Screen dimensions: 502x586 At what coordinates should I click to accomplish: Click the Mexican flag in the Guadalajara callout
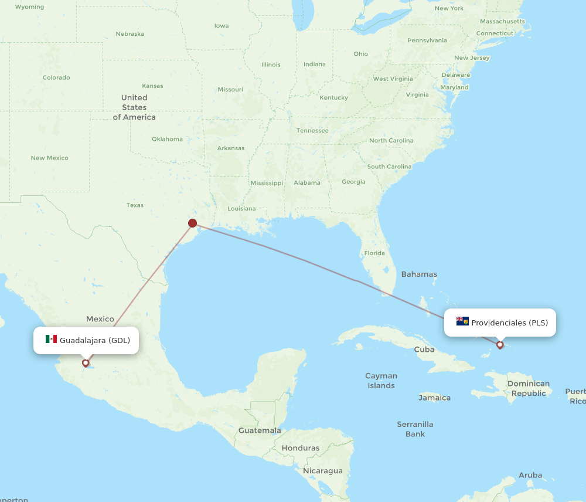coord(51,340)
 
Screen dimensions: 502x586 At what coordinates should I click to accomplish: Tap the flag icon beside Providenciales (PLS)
coord(462,321)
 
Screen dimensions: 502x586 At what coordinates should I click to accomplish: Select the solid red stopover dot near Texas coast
coord(192,223)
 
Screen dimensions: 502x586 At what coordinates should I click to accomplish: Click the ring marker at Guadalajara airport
coord(86,363)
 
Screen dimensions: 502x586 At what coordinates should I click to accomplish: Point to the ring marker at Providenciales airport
coord(500,345)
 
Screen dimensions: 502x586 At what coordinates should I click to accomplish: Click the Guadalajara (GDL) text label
coord(95,340)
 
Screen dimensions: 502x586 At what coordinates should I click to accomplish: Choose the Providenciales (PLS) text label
coord(510,323)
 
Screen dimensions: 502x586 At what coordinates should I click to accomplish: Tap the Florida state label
coord(374,253)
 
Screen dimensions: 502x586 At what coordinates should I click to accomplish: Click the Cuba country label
coord(424,350)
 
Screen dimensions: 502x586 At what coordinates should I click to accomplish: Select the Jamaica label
coord(435,398)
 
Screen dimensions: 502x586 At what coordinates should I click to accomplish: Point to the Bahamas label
coord(419,274)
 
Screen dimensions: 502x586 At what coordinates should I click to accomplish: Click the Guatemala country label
coord(260,430)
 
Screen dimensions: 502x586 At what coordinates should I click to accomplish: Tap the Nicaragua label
coord(323,471)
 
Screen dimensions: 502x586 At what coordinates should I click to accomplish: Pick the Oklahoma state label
coord(167,139)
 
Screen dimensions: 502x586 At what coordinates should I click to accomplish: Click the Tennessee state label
coord(312,131)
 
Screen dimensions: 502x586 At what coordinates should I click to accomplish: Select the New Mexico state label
coord(49,158)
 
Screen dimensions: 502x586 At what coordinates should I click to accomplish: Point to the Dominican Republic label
coord(529,389)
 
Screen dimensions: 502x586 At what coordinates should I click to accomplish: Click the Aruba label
coord(530,475)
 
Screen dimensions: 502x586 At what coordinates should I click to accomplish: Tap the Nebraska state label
coord(130,33)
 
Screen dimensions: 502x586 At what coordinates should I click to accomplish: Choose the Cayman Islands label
coord(381,381)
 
